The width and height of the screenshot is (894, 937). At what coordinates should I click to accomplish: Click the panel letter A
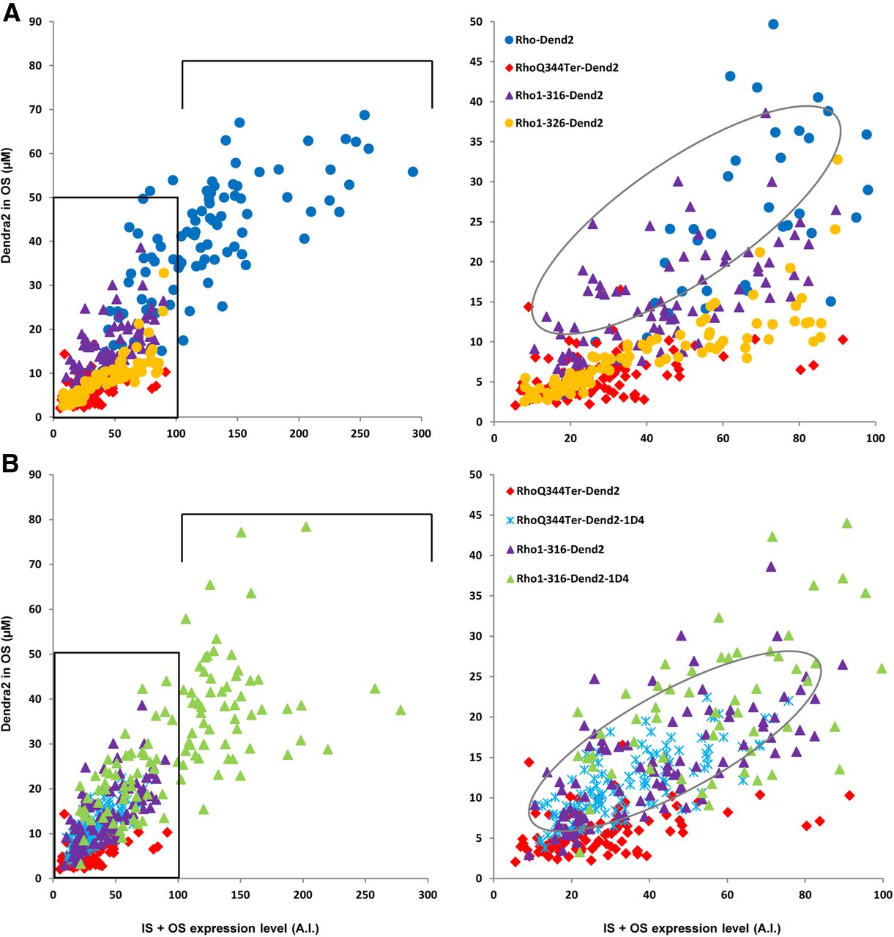pos(11,14)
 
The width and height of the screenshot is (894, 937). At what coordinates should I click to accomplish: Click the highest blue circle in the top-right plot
pos(772,24)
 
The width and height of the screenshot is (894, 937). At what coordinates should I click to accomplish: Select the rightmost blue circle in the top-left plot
pos(413,171)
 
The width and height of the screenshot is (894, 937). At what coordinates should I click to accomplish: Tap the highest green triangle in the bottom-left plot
pos(306,526)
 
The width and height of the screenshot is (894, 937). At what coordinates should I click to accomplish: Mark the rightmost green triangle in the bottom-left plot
pos(401,710)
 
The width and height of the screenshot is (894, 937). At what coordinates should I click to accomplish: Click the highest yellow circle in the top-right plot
pos(837,160)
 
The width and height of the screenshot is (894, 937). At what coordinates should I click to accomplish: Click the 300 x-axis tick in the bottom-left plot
pos(428,895)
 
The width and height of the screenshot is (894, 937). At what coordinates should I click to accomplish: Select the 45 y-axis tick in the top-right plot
pos(476,61)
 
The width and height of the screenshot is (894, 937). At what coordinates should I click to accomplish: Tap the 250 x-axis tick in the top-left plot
pos(360,433)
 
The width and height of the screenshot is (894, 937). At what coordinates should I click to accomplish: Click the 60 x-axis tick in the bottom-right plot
pos(727,895)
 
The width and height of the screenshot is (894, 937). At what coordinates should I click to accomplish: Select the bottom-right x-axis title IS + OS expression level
pos(691,928)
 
